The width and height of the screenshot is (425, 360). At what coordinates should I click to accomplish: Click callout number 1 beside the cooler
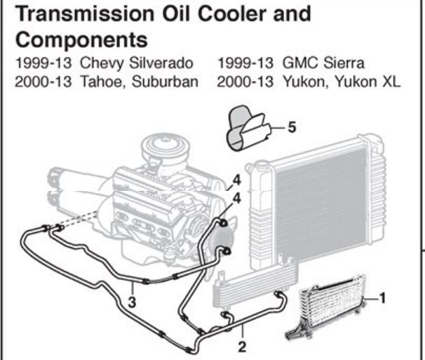(x=383, y=298)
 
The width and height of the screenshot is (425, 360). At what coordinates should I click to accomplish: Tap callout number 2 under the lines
(x=243, y=346)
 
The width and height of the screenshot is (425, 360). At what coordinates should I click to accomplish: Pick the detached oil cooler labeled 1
(x=330, y=309)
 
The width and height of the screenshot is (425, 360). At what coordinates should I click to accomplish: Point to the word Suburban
(x=170, y=81)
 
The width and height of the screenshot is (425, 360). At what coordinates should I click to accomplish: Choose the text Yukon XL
(x=372, y=81)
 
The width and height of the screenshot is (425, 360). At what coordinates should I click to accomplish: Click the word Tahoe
(x=99, y=81)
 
